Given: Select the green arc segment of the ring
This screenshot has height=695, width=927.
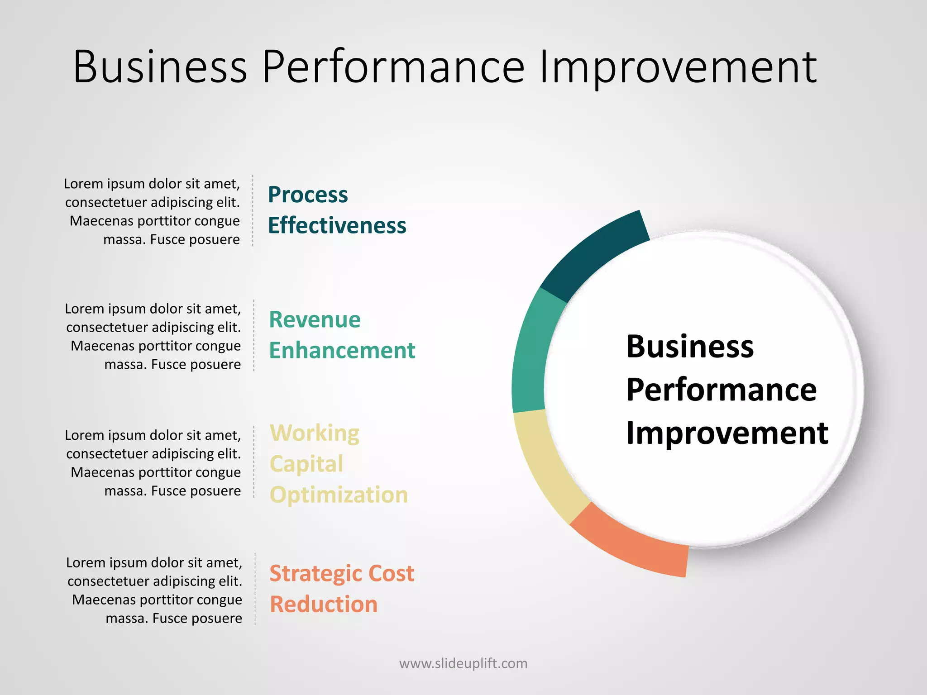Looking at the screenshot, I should pos(532,353).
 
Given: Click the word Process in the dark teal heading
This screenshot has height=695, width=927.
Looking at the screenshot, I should pos(308,195).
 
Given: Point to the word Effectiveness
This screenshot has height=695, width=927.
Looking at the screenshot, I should pos(337,225).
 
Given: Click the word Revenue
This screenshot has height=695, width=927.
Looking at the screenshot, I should pos(315,320).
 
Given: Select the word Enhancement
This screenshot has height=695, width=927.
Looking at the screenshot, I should pos(342,351).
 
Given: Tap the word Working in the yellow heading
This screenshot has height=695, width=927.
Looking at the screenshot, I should pos(314,433).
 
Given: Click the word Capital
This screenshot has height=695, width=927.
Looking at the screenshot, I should pos(306,464).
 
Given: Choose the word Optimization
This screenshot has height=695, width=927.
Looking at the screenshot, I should pos(339,495).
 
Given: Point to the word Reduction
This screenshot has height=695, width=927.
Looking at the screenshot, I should pos(323,605).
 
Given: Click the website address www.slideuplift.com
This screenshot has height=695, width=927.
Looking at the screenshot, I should pos(463,663).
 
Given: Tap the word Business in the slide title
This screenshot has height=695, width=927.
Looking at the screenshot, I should pos(160,67).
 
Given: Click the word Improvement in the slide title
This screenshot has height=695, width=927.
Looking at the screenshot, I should pos(678,67).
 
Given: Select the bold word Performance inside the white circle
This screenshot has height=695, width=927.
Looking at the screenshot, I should pos(721,390).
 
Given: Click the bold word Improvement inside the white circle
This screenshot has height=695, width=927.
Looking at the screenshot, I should pos(727,433).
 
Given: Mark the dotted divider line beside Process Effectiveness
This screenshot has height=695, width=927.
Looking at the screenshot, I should pos(253,210).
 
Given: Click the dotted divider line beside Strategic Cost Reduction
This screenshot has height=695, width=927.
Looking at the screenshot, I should pos(255,589).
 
